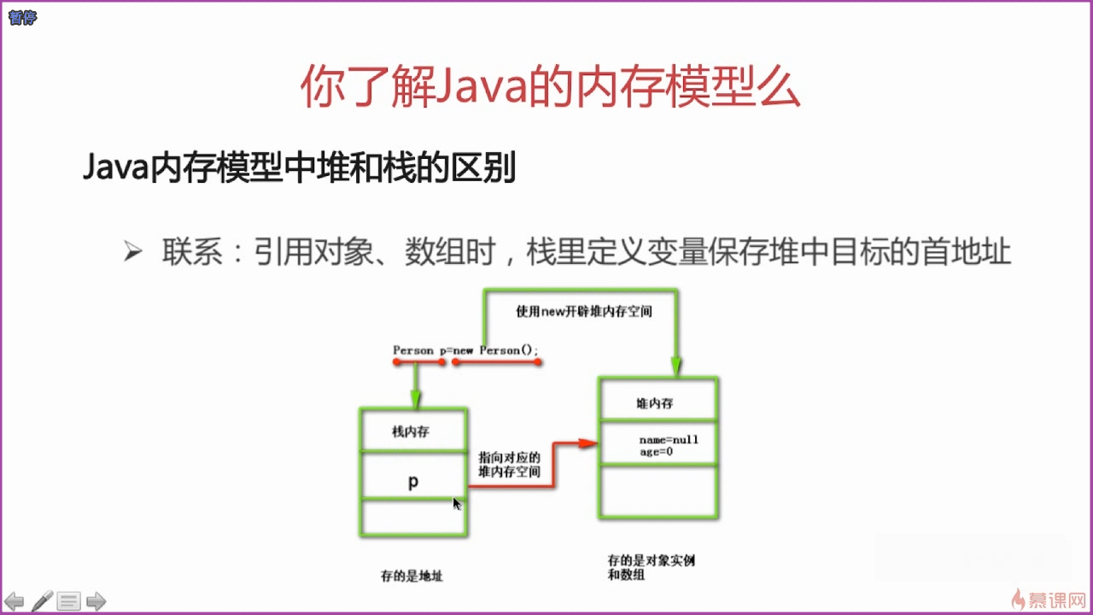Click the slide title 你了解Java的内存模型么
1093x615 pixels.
pyautogui.click(x=551, y=87)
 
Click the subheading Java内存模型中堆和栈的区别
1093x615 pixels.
pyautogui.click(x=300, y=168)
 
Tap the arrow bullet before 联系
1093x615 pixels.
pyautogui.click(x=132, y=252)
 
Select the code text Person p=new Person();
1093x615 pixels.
pyautogui.click(x=466, y=350)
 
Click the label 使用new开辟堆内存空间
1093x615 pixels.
pyautogui.click(x=584, y=312)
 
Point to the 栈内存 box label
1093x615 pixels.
pyautogui.click(x=411, y=431)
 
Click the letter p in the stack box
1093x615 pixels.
pyautogui.click(x=413, y=482)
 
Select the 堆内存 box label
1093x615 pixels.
pyautogui.click(x=654, y=403)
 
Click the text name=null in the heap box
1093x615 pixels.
pyautogui.click(x=669, y=440)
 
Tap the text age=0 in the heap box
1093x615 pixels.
pyautogui.click(x=657, y=452)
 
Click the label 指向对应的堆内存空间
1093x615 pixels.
pyautogui.click(x=509, y=465)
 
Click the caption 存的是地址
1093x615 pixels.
pyautogui.click(x=412, y=577)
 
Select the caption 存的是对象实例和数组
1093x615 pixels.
pyautogui.click(x=646, y=568)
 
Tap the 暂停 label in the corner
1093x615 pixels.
pyautogui.click(x=23, y=16)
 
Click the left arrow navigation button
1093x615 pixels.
pyautogui.click(x=15, y=601)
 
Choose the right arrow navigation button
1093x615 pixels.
pyautogui.click(x=96, y=601)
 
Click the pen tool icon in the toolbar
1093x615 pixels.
pyautogui.click(x=42, y=601)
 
